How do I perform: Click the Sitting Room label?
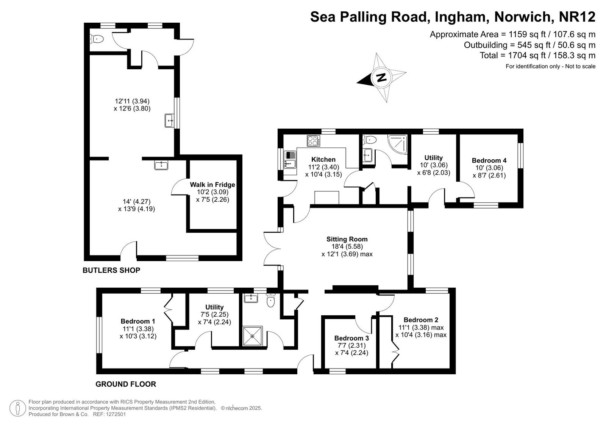tap(347, 239)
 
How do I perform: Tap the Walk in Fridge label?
tap(212, 185)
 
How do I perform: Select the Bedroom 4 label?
tap(489, 160)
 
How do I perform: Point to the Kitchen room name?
tap(323, 160)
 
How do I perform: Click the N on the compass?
tap(381, 78)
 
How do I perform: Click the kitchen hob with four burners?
tap(313, 141)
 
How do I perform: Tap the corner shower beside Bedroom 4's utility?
tap(398, 144)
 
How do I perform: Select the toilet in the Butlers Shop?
tap(96, 39)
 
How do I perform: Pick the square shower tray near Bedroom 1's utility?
tap(252, 336)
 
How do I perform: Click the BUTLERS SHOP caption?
tap(111, 270)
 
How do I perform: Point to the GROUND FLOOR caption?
tap(126, 384)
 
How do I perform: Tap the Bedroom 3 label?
tap(351, 338)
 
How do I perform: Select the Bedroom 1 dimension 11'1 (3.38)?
tap(138, 329)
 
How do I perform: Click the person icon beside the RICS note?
tap(18, 408)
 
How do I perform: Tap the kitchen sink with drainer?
tap(290, 160)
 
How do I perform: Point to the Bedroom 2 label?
tap(421, 320)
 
